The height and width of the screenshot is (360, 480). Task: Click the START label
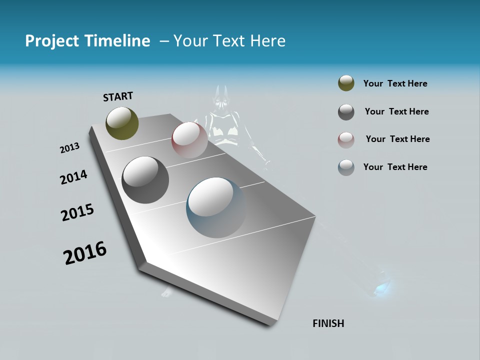[118, 96]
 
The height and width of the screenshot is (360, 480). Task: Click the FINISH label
[328, 323]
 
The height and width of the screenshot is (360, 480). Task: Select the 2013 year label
[69, 148]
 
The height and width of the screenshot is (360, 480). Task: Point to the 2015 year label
[77, 212]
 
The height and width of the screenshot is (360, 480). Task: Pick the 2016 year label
[85, 252]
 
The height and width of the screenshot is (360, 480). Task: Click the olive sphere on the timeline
[122, 123]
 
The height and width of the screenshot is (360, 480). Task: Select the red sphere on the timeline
[189, 139]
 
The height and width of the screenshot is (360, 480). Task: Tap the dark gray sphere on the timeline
[145, 180]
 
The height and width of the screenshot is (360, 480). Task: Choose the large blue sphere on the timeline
[216, 207]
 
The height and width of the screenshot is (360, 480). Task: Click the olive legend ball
[346, 83]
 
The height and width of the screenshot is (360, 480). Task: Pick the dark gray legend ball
[346, 112]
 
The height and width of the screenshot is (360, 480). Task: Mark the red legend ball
[346, 140]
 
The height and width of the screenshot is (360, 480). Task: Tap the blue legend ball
[346, 167]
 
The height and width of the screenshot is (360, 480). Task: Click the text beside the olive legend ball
[395, 83]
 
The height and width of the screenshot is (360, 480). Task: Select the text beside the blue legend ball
[395, 167]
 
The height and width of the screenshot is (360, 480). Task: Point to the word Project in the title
[51, 41]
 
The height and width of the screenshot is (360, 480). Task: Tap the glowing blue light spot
[382, 288]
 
